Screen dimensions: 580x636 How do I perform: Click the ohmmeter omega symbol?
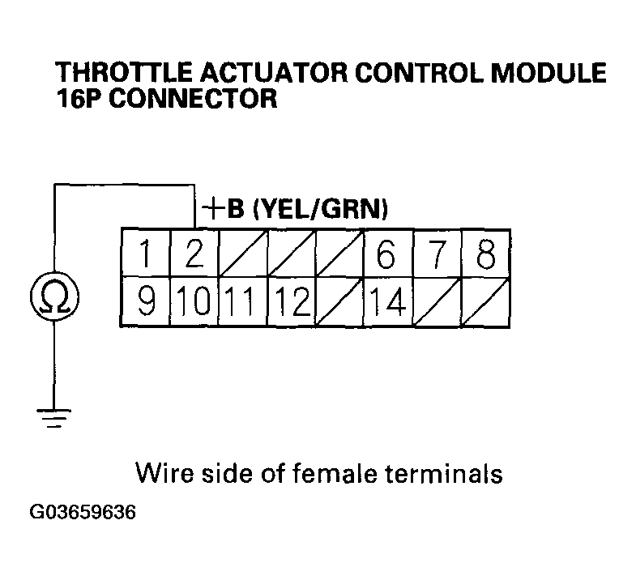coord(53,297)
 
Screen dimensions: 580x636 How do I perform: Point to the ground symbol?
coord(53,420)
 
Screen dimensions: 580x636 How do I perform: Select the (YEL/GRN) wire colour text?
coord(318,210)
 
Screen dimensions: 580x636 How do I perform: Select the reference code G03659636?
coord(83,514)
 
